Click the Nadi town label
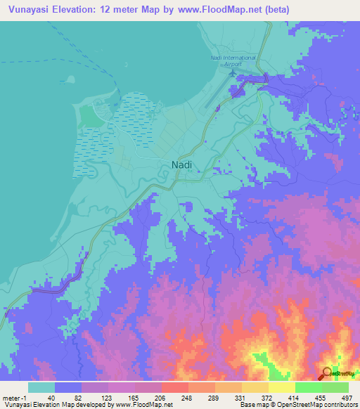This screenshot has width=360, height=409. pyautogui.click(x=181, y=165)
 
